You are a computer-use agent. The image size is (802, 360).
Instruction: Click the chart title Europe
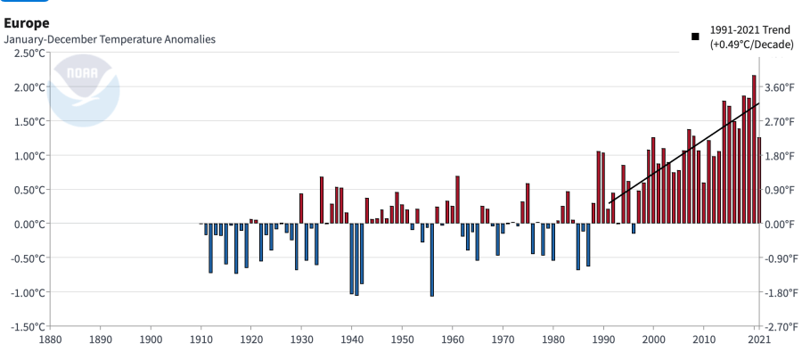click(x=27, y=21)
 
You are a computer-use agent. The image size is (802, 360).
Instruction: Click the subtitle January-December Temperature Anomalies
click(x=110, y=40)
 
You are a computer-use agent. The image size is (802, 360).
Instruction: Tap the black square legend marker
click(x=694, y=37)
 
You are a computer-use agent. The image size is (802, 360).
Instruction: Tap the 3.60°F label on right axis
click(x=782, y=87)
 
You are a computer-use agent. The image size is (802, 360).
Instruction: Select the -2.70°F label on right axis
click(x=782, y=327)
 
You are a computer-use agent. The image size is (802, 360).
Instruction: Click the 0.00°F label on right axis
click(x=782, y=225)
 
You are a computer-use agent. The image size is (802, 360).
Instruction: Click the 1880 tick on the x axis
click(x=50, y=340)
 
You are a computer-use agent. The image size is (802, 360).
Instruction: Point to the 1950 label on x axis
click(x=402, y=340)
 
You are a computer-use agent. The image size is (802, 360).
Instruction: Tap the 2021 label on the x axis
click(x=757, y=340)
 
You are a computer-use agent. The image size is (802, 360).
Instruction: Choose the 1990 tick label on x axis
click(x=603, y=340)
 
